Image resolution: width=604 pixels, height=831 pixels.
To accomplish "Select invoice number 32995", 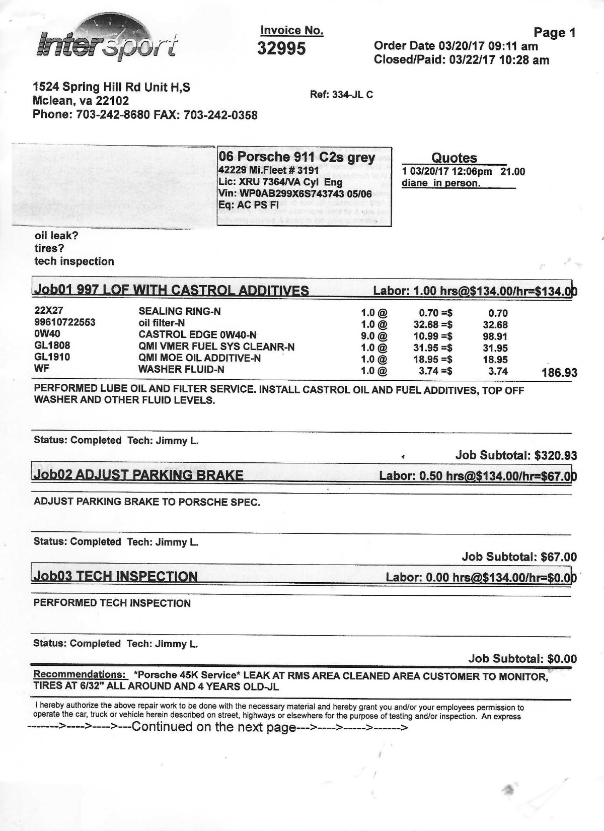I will pyautogui.click(x=281, y=48).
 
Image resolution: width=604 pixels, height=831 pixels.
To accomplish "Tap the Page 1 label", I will pyautogui.click(x=554, y=33).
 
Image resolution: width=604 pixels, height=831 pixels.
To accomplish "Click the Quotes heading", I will pyautogui.click(x=454, y=158).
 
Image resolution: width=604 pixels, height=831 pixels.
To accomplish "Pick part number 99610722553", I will pyautogui.click(x=65, y=322).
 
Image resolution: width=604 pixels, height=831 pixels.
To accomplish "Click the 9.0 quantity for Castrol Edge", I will pyautogui.click(x=368, y=336).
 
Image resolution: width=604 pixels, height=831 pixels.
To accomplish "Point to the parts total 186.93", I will pyautogui.click(x=559, y=373).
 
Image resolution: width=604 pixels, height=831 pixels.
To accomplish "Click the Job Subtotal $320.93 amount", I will pyautogui.click(x=555, y=456).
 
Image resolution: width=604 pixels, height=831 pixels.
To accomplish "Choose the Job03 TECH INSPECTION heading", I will pyautogui.click(x=115, y=577).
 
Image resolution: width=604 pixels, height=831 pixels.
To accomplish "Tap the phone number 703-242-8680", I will pyautogui.click(x=113, y=115).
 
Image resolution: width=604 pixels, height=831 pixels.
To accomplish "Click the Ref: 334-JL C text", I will pyautogui.click(x=341, y=95).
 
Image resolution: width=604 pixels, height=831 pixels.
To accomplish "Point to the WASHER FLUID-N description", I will pyautogui.click(x=181, y=369).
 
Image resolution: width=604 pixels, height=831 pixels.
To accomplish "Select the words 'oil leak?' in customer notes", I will pyautogui.click(x=56, y=235).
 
